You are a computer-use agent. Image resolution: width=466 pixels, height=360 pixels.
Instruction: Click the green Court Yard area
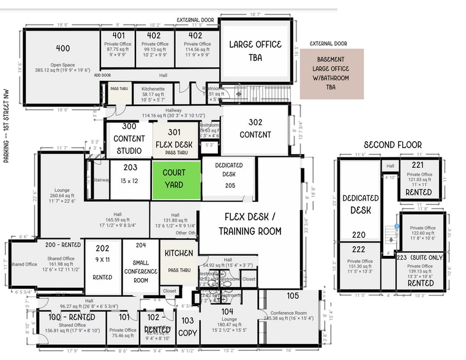(x=176, y=179)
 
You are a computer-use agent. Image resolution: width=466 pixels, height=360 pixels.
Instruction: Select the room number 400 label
(x=62, y=48)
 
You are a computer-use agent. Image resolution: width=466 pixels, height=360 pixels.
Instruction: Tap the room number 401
(x=118, y=36)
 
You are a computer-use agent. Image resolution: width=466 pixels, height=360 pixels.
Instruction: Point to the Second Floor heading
(x=393, y=144)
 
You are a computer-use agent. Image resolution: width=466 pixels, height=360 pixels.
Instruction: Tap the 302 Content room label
(x=255, y=128)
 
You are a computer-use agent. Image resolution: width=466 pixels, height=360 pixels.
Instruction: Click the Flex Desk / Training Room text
(x=253, y=224)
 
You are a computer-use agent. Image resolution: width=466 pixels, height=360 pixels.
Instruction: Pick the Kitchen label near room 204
(x=179, y=253)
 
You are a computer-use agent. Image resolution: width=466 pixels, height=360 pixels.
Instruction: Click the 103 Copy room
(x=187, y=327)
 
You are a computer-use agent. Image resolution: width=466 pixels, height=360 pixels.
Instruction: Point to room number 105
(x=292, y=296)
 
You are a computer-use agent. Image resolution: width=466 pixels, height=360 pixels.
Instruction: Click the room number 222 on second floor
(x=358, y=250)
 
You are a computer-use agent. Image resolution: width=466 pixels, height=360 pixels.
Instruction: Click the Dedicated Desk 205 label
(x=229, y=175)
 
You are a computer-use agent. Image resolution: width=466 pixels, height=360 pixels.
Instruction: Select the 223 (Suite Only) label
(x=419, y=258)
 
